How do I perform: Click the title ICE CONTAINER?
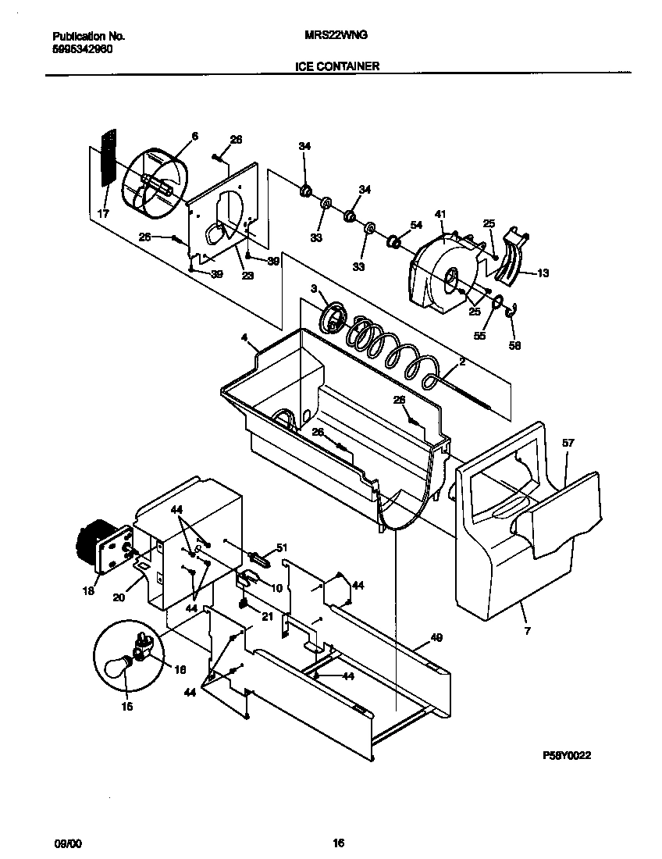[x=337, y=66]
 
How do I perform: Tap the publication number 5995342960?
[x=84, y=48]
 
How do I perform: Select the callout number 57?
[x=568, y=443]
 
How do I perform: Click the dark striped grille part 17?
[x=108, y=158]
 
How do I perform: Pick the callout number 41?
[x=440, y=213]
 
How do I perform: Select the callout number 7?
[x=527, y=630]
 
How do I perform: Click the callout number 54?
[x=416, y=225]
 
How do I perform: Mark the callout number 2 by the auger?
[x=462, y=362]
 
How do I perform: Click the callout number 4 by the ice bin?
[x=244, y=338]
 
